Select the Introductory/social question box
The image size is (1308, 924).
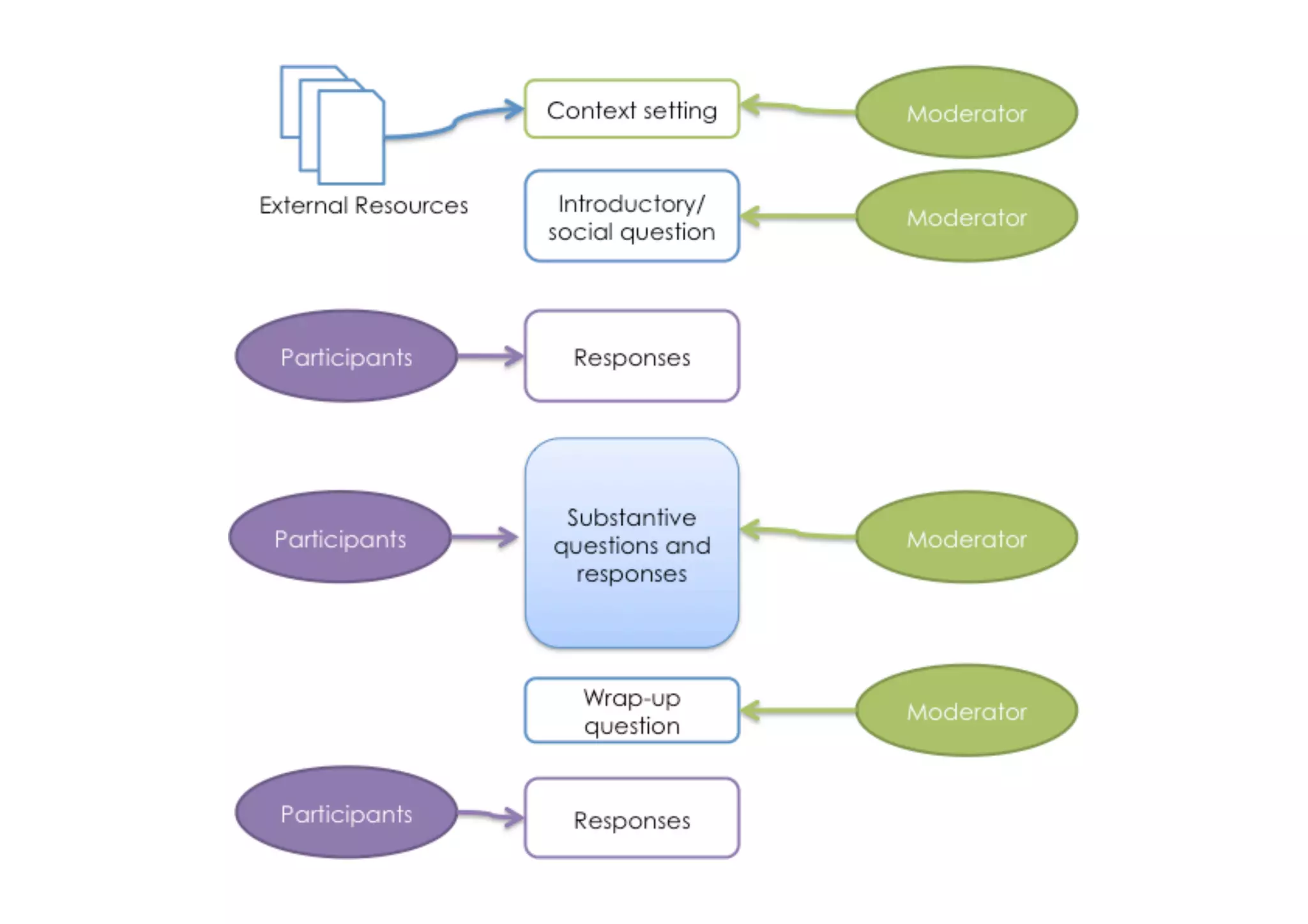[x=632, y=216]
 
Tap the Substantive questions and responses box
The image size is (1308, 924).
[x=632, y=543]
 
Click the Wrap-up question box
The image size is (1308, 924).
[x=632, y=710]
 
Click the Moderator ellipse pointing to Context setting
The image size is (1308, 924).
[x=966, y=112]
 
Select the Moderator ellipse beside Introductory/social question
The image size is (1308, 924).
[x=966, y=216]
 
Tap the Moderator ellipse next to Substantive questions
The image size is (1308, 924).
[x=966, y=537]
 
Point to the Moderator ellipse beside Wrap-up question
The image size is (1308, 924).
[x=966, y=710]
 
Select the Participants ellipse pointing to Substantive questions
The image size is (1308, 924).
[x=340, y=537]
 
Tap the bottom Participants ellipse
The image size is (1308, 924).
[x=346, y=812]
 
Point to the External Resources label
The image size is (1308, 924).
[x=363, y=206]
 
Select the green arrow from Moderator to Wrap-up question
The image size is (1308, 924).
[x=798, y=710]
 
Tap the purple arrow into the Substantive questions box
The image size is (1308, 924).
[x=485, y=537]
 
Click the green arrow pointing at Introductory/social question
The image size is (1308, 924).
[x=798, y=216]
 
